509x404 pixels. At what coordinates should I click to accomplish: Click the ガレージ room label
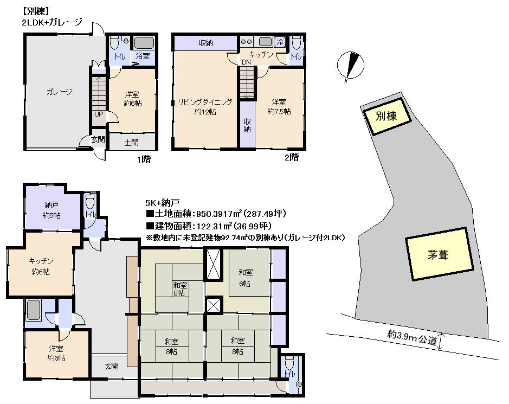tap(60, 92)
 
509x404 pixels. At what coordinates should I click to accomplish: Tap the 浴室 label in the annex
tap(143, 56)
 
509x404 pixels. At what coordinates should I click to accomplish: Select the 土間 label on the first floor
tap(132, 143)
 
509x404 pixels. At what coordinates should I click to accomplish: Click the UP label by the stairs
tap(99, 114)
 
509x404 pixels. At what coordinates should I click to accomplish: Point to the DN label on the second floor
tap(247, 62)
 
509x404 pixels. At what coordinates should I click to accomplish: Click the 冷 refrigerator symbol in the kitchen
tap(280, 42)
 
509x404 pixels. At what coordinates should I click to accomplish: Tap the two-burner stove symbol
tap(247, 42)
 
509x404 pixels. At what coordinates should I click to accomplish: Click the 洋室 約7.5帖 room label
tap(279, 106)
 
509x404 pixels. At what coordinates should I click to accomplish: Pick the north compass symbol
tap(351, 66)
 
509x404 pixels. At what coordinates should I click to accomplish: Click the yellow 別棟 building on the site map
tap(387, 116)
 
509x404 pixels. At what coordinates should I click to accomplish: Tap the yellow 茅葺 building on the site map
tap(439, 254)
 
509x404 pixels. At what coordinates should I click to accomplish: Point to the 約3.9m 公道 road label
tap(413, 337)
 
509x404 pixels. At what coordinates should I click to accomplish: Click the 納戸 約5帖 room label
tap(52, 210)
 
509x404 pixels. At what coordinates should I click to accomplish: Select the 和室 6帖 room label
tap(246, 278)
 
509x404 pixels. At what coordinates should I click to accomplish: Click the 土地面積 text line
tap(216, 214)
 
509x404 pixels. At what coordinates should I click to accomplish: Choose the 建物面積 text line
tap(209, 226)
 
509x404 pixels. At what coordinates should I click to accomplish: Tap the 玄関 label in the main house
tap(111, 367)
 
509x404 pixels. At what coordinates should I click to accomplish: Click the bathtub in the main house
tap(34, 310)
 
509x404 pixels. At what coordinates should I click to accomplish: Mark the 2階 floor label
tap(292, 157)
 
